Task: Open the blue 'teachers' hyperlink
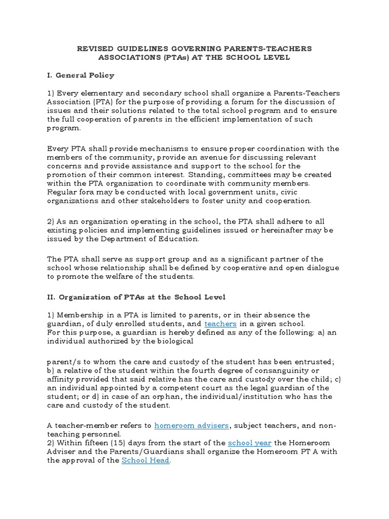click(x=220, y=323)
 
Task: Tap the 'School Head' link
click(x=146, y=460)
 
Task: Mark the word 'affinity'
click(x=62, y=379)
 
